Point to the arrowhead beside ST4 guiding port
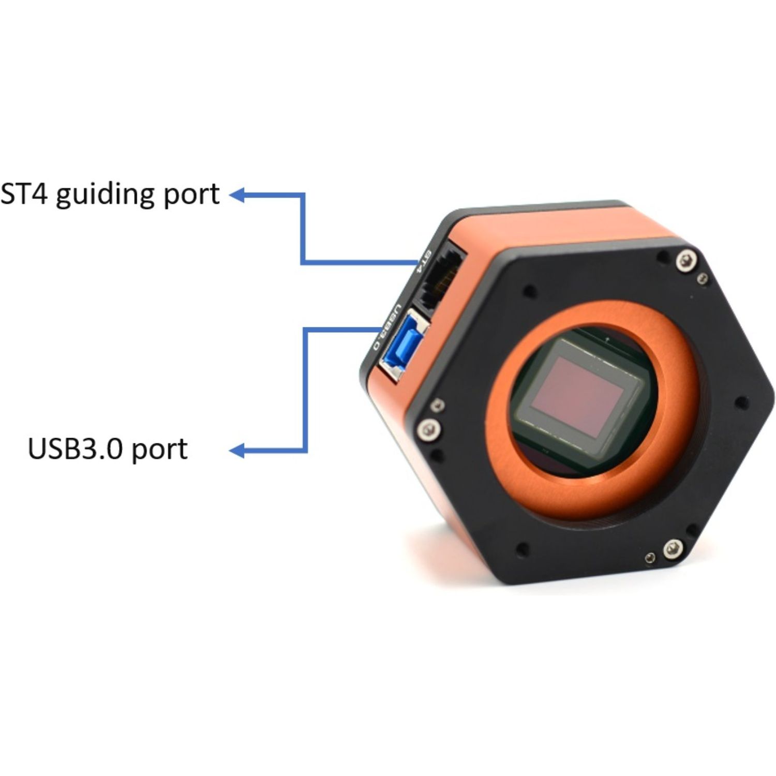pyautogui.click(x=236, y=195)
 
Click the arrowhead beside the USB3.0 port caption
pyautogui.click(x=236, y=451)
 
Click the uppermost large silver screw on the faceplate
pyautogui.click(x=685, y=260)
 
